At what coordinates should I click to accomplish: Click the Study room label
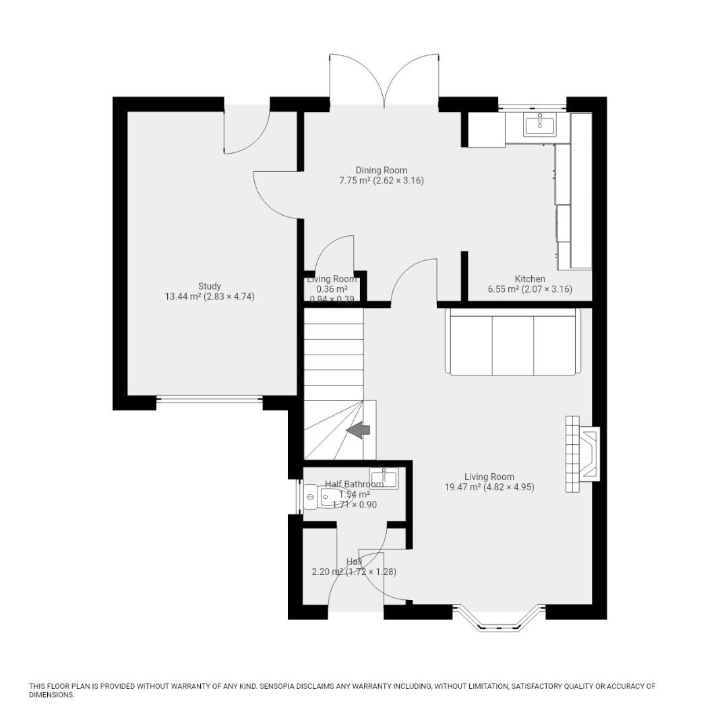(209, 286)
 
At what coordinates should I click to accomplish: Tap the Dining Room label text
(381, 171)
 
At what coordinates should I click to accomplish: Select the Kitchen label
(530, 279)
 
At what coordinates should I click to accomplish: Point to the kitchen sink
(539, 125)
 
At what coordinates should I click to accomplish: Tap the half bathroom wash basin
(384, 478)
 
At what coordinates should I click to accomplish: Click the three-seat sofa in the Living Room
(512, 342)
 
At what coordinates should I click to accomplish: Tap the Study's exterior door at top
(246, 128)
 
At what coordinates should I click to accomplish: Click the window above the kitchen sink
(533, 106)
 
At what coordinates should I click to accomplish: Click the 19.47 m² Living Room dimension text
(489, 487)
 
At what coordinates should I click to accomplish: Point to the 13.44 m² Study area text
(210, 297)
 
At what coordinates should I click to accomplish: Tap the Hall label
(354, 562)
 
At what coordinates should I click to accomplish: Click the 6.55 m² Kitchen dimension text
(530, 289)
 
